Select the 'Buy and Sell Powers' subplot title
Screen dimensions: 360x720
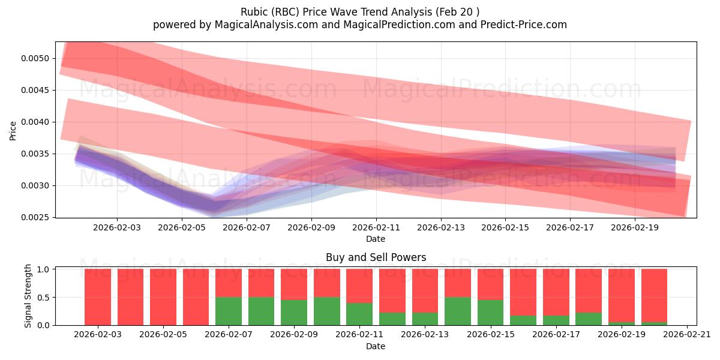(x=376, y=257)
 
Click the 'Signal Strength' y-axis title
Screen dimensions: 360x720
(x=28, y=296)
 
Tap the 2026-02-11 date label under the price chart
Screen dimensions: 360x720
(x=376, y=228)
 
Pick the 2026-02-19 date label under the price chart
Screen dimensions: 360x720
(x=635, y=228)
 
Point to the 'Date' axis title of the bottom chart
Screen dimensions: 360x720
(x=376, y=346)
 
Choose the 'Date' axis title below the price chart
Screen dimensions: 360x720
(x=376, y=239)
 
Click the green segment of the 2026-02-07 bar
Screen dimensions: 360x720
(x=229, y=311)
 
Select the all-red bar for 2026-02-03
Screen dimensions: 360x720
(x=98, y=296)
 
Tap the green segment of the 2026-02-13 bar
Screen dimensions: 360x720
(x=425, y=319)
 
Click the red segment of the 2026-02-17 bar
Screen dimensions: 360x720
(x=556, y=292)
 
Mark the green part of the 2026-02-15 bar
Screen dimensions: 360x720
(x=490, y=312)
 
